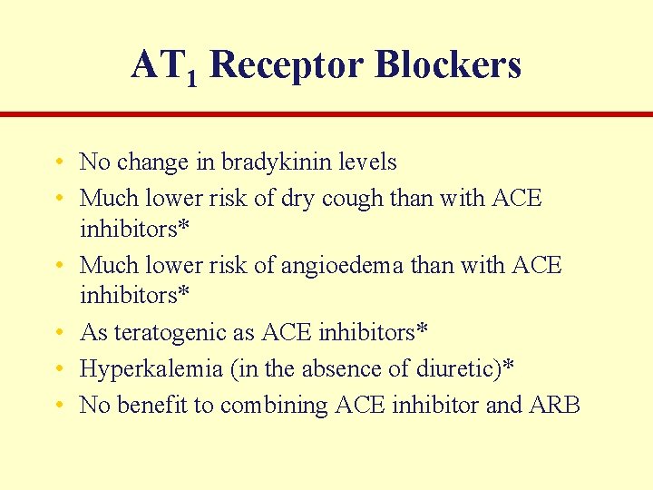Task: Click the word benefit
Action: tap(157, 405)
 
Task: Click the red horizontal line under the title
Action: tap(326, 114)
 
